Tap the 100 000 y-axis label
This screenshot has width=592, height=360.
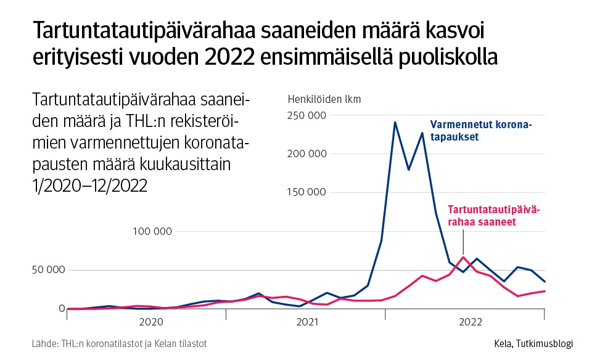[151, 231]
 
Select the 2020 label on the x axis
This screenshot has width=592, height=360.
[151, 322]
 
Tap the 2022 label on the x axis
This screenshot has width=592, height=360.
[471, 322]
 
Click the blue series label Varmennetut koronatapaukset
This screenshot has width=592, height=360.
[480, 129]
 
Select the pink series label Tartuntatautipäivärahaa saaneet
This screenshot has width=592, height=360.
[493, 216]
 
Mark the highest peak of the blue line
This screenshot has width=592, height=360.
[395, 122]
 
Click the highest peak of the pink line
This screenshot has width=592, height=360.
[463, 257]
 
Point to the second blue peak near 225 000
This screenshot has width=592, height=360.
[422, 133]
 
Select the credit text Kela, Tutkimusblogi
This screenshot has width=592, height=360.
[533, 343]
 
